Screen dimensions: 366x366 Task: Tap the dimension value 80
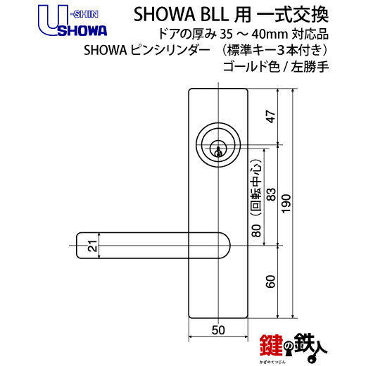pyautogui.click(x=257, y=230)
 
